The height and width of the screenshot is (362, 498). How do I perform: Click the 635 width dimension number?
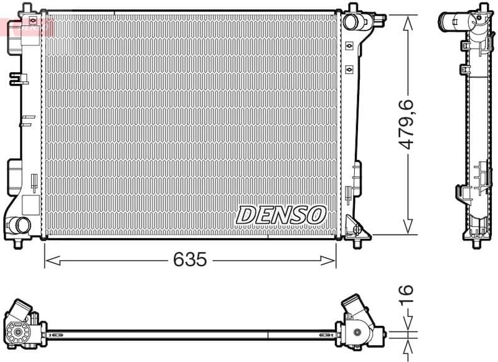[190, 260]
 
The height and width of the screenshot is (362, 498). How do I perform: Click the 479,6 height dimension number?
[408, 124]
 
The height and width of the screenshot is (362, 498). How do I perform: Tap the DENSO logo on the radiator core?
[281, 215]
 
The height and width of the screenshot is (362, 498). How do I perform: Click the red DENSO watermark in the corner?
[28, 26]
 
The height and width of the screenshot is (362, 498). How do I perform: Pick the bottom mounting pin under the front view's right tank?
[356, 242]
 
